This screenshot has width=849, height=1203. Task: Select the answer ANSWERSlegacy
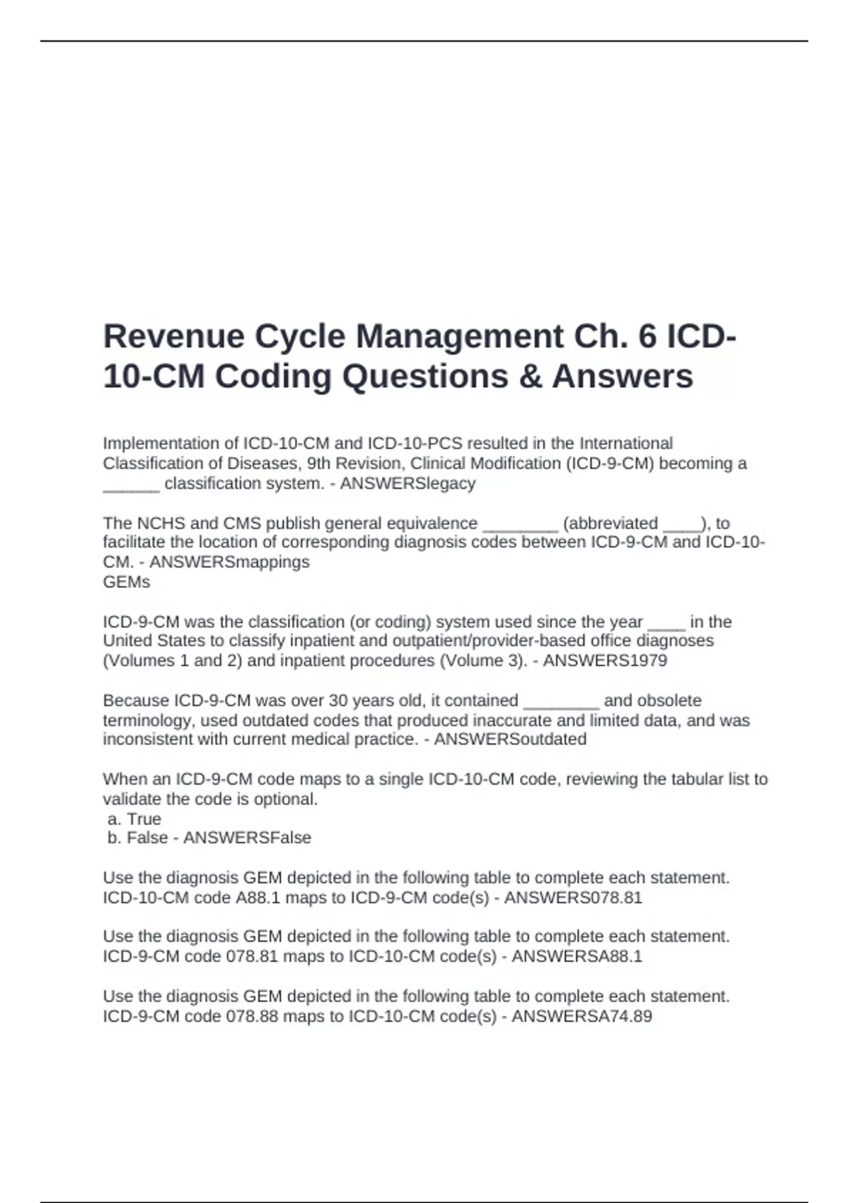pos(408,483)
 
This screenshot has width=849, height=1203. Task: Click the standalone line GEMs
pos(127,582)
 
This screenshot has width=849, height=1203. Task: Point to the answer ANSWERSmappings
pos(229,562)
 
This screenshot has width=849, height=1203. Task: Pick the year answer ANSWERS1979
pos(605,661)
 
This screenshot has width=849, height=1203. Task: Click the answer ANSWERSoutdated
pos(510,739)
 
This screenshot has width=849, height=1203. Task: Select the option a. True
pos(134,819)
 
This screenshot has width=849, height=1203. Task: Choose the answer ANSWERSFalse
pos(247,838)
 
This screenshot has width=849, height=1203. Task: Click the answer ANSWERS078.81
pos(573,898)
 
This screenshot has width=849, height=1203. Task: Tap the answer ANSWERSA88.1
pos(577,957)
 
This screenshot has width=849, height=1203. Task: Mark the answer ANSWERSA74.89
pos(582,1017)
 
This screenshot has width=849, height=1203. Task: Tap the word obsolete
pos(669,701)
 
